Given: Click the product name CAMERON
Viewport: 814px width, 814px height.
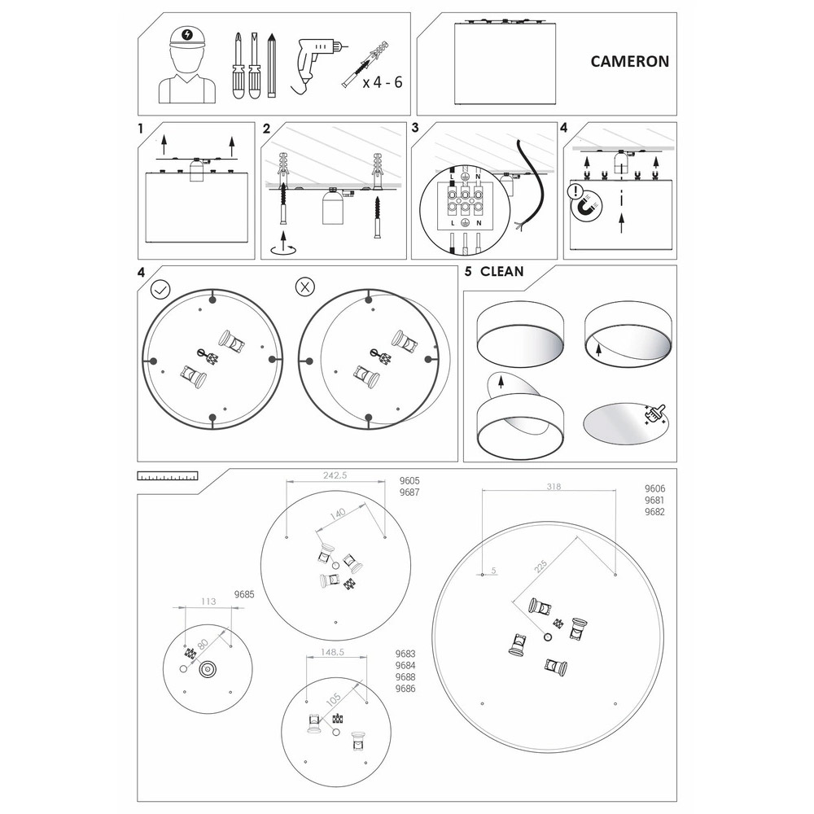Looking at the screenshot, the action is [630, 61].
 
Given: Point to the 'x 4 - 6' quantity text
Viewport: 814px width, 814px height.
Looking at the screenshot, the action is [383, 82].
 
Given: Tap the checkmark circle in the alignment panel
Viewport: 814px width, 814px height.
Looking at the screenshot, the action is [160, 289].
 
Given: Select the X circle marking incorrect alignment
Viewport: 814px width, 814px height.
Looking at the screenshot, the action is [304, 286].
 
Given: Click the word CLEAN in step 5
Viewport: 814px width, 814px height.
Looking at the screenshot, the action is [502, 272].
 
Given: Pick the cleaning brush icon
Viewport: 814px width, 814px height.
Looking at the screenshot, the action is [655, 416].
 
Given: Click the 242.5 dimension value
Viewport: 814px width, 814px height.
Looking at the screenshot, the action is [335, 475].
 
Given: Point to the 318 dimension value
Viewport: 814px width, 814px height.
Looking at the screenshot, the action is [554, 487].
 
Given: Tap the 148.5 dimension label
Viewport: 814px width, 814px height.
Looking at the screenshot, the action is [332, 652].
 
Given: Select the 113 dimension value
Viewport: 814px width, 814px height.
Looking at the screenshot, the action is [208, 602].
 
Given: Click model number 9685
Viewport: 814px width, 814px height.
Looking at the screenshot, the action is [244, 594].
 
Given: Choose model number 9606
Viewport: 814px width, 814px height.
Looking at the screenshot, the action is [654, 488].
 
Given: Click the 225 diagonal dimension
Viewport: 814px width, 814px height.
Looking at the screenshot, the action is [540, 566].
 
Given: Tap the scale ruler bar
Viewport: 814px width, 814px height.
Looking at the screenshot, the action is [168, 475].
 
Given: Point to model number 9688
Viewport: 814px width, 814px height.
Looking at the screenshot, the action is [405, 677].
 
